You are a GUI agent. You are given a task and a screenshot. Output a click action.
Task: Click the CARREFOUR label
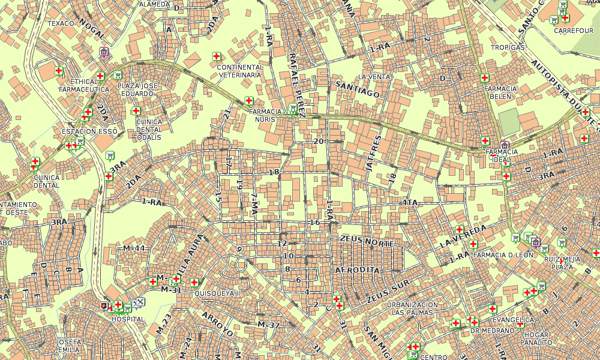[x=574, y=30]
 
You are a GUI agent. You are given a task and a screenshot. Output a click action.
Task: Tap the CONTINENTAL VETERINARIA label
[x=240, y=71]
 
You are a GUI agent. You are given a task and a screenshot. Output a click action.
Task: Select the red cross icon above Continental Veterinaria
[x=217, y=56]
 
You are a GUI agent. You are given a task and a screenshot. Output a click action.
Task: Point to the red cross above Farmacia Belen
[x=485, y=77]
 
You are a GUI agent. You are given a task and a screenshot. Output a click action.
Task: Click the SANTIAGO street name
[x=358, y=89]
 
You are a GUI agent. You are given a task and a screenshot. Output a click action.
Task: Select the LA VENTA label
[x=374, y=77]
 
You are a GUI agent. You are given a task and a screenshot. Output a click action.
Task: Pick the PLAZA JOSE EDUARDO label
[x=137, y=89]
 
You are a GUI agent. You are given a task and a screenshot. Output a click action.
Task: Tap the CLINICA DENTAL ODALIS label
[x=149, y=129]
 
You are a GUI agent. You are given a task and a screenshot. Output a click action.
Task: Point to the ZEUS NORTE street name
[x=367, y=243]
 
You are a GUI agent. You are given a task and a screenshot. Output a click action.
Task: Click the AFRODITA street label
[x=358, y=270]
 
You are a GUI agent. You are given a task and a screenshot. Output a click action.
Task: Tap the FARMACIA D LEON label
[x=503, y=255]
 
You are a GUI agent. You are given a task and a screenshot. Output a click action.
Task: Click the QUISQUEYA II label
[x=217, y=293]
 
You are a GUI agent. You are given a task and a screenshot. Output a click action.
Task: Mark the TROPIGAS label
[x=508, y=47]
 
